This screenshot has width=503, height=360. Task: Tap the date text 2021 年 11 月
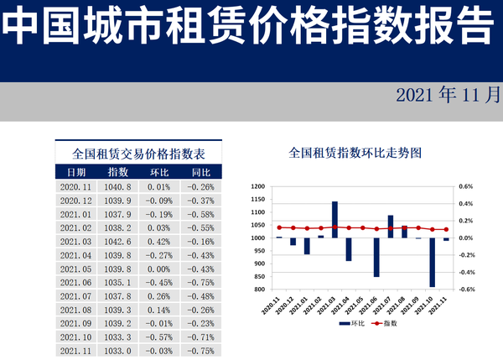448,94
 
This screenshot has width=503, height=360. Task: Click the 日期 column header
76,172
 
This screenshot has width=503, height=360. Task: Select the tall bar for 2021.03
334,219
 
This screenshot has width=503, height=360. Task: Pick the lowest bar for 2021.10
433,263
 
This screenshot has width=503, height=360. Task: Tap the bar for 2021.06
376,257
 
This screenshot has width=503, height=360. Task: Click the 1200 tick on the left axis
258,186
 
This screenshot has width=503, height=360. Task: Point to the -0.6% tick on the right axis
465,290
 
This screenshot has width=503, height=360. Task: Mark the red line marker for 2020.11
279,227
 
